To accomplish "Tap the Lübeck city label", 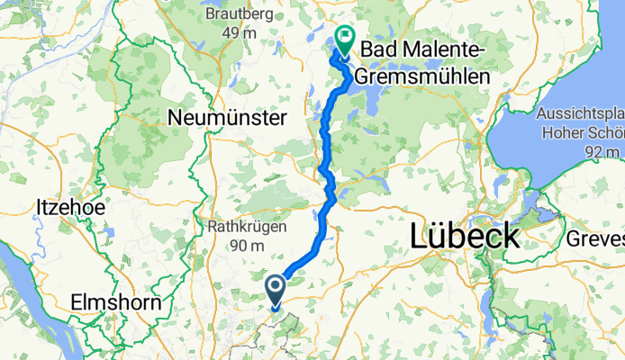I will (x=465, y=236).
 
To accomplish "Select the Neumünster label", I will (x=228, y=117).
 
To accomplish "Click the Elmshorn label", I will (x=119, y=302).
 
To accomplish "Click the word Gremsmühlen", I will (x=422, y=77).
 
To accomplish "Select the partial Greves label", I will (x=596, y=238).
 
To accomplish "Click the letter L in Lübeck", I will (x=420, y=236).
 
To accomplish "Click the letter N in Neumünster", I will (x=176, y=117).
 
